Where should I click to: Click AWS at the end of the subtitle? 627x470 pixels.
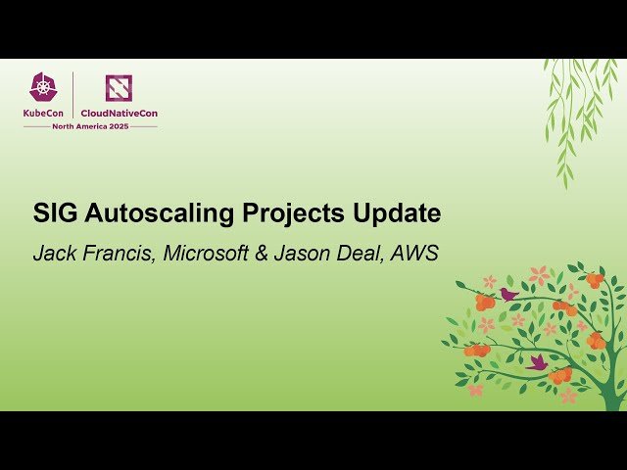pos(414,253)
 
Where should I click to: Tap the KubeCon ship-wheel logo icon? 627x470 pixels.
pos(44,87)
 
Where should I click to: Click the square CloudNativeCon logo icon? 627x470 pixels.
pos(119,88)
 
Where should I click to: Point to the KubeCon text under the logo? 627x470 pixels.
pos(44,114)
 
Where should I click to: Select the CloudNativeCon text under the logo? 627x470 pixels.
pos(119,114)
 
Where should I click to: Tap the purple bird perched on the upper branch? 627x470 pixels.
pos(508,293)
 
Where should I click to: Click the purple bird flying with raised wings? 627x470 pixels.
pos(537,361)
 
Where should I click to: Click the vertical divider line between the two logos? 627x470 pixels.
pos(73,95)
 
